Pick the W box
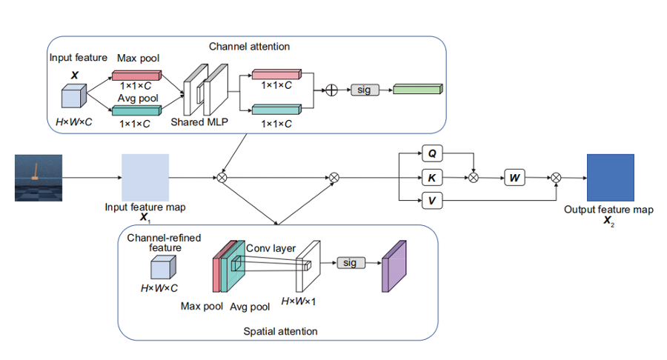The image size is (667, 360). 515,178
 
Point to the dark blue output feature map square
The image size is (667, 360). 610,178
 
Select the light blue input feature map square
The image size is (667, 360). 145,178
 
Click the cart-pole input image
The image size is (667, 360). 38,178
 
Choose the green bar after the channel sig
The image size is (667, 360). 417,90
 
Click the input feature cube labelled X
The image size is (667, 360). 74,96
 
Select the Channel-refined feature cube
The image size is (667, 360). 162,267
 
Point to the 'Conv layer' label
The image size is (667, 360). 271,249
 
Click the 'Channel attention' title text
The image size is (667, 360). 249,47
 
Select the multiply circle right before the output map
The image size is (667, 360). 556,178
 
